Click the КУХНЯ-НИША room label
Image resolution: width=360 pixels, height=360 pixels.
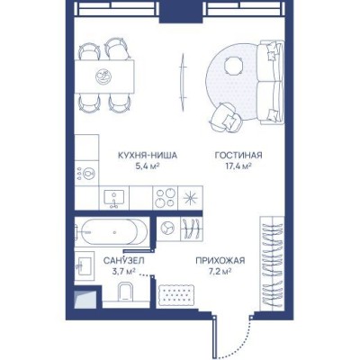(x=148, y=156)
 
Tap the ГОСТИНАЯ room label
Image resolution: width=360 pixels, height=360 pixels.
(x=238, y=156)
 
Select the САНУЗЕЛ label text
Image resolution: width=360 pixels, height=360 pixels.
(x=124, y=261)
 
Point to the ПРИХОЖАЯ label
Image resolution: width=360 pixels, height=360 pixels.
(x=220, y=261)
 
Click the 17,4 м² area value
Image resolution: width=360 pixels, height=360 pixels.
(x=238, y=166)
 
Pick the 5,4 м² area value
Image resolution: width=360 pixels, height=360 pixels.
(x=148, y=166)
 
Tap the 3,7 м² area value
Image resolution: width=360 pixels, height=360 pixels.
(x=124, y=272)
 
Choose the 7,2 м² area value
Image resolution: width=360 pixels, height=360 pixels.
(x=220, y=272)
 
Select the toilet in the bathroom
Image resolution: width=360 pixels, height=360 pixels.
(x=125, y=292)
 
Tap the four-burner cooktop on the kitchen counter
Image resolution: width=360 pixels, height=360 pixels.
(x=166, y=198)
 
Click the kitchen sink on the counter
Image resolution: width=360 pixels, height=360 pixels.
(x=114, y=198)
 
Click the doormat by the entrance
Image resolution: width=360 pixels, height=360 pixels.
(x=176, y=296)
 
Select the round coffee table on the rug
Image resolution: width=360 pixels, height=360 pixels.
(x=233, y=67)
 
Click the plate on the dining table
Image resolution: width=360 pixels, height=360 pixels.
(x=103, y=76)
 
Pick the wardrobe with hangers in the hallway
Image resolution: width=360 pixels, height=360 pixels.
(x=272, y=264)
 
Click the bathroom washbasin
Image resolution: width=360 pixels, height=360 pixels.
(x=85, y=266)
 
